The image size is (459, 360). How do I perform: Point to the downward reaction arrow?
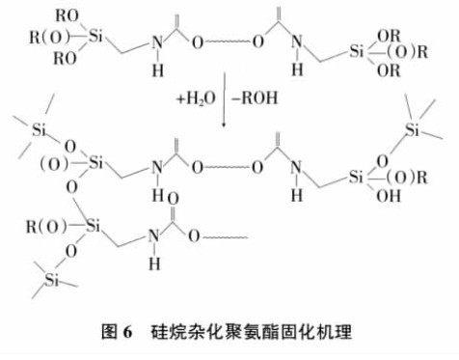(224, 106)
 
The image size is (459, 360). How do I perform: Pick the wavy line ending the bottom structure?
(228, 235)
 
